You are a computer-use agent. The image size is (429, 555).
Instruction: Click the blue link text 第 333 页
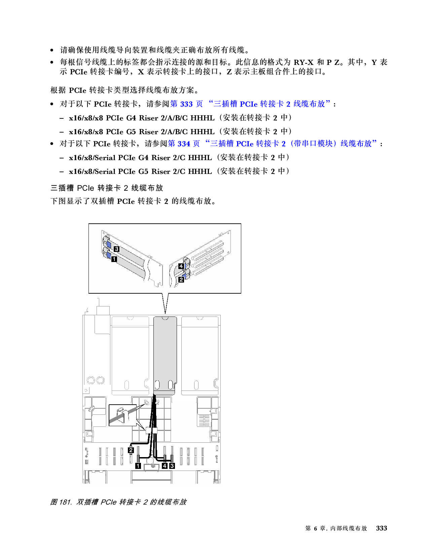pos(186,104)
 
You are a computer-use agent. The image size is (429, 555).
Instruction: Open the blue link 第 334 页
pos(184,144)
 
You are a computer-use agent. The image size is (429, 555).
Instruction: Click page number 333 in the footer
pos(382,528)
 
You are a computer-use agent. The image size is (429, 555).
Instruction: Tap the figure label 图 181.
pos(61,502)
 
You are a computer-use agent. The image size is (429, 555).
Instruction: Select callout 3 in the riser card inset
pos(117,249)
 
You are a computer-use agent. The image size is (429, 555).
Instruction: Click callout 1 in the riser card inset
pos(114,259)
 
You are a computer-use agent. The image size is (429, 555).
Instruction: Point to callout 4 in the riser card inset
pos(181,266)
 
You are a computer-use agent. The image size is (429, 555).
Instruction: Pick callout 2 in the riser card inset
pos(181,280)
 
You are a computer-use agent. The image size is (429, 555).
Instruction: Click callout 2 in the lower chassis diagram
pos(131,450)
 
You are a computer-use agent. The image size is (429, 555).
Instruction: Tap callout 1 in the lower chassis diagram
pos(138,466)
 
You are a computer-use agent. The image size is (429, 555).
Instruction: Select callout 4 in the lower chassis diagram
pos(165,466)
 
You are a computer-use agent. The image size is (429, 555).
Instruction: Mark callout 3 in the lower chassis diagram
pos(172,466)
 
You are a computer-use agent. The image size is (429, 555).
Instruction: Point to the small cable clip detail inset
pos(122,415)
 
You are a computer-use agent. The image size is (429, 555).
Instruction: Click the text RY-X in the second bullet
pos(303,62)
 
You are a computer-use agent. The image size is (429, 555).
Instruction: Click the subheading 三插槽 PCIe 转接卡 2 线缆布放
pos(107,188)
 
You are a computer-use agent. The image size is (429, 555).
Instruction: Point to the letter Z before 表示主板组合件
pos(229,72)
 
